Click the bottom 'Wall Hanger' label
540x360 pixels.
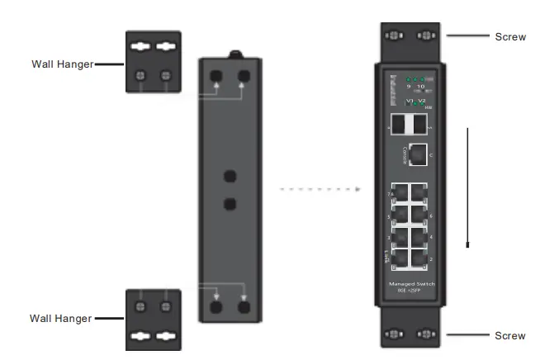pyautogui.click(x=61, y=318)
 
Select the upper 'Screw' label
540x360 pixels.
pyautogui.click(x=509, y=37)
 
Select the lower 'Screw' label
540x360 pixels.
pyautogui.click(x=509, y=336)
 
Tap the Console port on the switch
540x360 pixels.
pyautogui.click(x=419, y=154)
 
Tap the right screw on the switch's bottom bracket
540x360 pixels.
pyautogui.click(x=426, y=335)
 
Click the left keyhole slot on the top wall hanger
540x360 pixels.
pyautogui.click(x=140, y=46)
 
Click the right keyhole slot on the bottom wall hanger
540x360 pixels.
pyautogui.click(x=166, y=336)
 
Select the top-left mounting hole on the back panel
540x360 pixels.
pyautogui.click(x=216, y=75)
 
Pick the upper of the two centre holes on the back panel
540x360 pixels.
pyautogui.click(x=230, y=175)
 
